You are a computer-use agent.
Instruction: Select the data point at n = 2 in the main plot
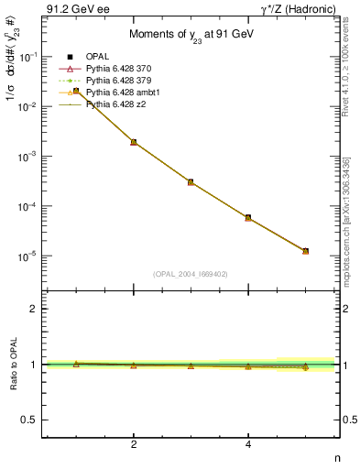tap(134, 142)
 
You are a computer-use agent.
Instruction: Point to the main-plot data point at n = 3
tap(191, 182)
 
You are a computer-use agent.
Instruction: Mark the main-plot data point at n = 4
tap(248, 217)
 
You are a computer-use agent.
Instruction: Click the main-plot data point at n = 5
tap(305, 251)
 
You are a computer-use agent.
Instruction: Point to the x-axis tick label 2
tap(134, 445)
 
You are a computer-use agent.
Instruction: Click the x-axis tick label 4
tap(248, 445)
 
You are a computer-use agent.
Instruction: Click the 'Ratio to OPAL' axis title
tap(14, 365)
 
